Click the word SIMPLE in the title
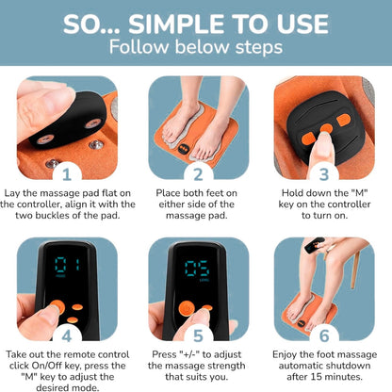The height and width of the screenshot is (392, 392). click(177, 24)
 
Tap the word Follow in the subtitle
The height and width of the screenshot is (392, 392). click(139, 47)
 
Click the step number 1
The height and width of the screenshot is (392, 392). click(67, 174)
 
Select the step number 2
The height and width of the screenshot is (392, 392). click(198, 174)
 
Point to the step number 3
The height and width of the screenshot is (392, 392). click(324, 174)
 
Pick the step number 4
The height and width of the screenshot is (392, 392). click(67, 336)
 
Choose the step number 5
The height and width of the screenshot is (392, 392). click(198, 336)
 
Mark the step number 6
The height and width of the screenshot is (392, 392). click(324, 336)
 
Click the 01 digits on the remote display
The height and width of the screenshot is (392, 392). click(68, 266)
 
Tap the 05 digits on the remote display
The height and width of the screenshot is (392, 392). click(197, 269)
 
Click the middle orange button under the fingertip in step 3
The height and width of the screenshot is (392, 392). click(327, 128)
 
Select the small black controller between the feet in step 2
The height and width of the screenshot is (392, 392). click(183, 149)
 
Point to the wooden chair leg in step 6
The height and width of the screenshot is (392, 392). click(355, 270)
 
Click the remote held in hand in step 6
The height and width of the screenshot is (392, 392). click(315, 245)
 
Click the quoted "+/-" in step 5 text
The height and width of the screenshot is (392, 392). click(189, 354)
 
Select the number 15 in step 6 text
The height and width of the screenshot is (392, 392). click(317, 377)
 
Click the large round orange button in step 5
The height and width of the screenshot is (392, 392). click(187, 308)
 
